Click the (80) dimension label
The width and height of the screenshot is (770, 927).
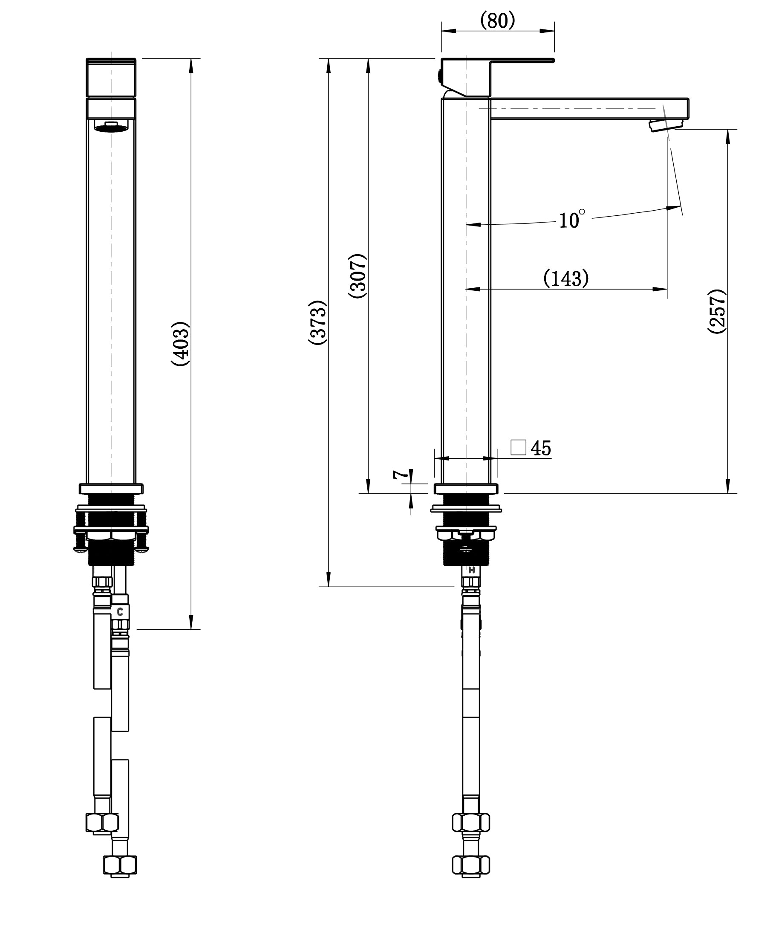pyautogui.click(x=497, y=20)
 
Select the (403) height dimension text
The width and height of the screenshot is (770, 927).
pyautogui.click(x=180, y=344)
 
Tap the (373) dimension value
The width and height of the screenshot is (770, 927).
pyautogui.click(x=318, y=323)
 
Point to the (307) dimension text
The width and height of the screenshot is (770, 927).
pyautogui.click(x=358, y=276)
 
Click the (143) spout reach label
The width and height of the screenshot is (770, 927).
pyautogui.click(x=566, y=278)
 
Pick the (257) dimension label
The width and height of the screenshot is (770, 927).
pyautogui.click(x=717, y=311)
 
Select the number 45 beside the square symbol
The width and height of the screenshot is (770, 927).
pyautogui.click(x=541, y=448)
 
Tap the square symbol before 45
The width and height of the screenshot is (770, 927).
pyautogui.click(x=518, y=447)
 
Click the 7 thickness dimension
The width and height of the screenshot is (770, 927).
pyautogui.click(x=400, y=475)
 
